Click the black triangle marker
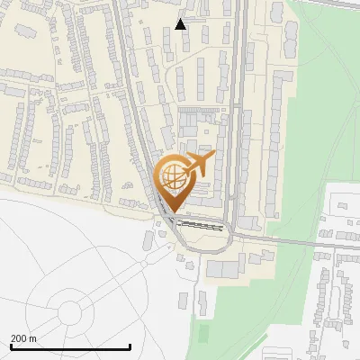coord(181,24)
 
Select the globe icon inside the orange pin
coord(171,176)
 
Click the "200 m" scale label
coord(23,338)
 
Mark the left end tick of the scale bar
coord(10,346)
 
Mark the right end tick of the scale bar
coord(130,346)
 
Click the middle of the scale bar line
coord(70,347)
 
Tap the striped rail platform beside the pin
coord(200,222)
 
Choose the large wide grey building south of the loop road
coord(224,267)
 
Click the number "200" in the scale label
coord(19,338)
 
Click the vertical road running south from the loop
coord(191,288)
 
